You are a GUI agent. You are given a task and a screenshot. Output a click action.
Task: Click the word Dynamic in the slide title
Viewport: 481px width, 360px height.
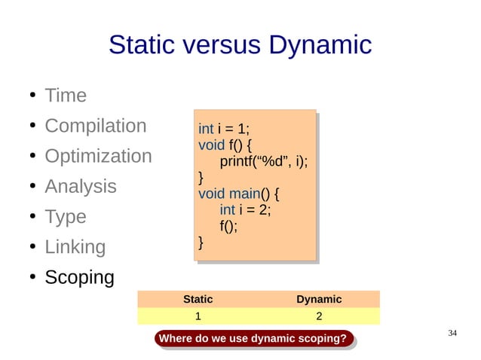(317, 45)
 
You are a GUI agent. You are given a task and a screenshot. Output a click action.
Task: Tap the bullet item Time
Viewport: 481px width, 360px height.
(66, 96)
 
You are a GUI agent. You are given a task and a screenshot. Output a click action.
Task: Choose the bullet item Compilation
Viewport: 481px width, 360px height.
(95, 126)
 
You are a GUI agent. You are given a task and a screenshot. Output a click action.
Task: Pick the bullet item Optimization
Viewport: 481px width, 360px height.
(98, 157)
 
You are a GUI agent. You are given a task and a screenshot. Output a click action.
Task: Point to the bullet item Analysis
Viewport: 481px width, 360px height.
(81, 186)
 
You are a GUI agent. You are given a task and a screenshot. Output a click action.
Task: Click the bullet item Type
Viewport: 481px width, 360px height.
(66, 217)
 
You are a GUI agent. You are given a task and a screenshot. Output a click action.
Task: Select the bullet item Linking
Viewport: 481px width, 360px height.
(75, 247)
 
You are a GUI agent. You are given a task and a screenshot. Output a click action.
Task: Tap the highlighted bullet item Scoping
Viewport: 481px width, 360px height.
(79, 277)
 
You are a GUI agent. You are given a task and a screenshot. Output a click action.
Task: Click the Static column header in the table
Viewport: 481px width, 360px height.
(198, 299)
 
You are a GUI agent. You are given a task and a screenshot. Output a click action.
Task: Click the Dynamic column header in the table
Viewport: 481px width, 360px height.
(319, 299)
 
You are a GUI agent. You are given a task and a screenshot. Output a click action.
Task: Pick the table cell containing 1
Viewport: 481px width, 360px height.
(198, 316)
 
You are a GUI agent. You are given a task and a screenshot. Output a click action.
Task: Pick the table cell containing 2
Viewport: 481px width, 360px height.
(319, 316)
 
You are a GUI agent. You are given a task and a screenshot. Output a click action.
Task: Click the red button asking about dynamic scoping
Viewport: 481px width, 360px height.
(255, 339)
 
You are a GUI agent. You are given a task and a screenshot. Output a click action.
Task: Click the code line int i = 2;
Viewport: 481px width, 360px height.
(245, 209)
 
